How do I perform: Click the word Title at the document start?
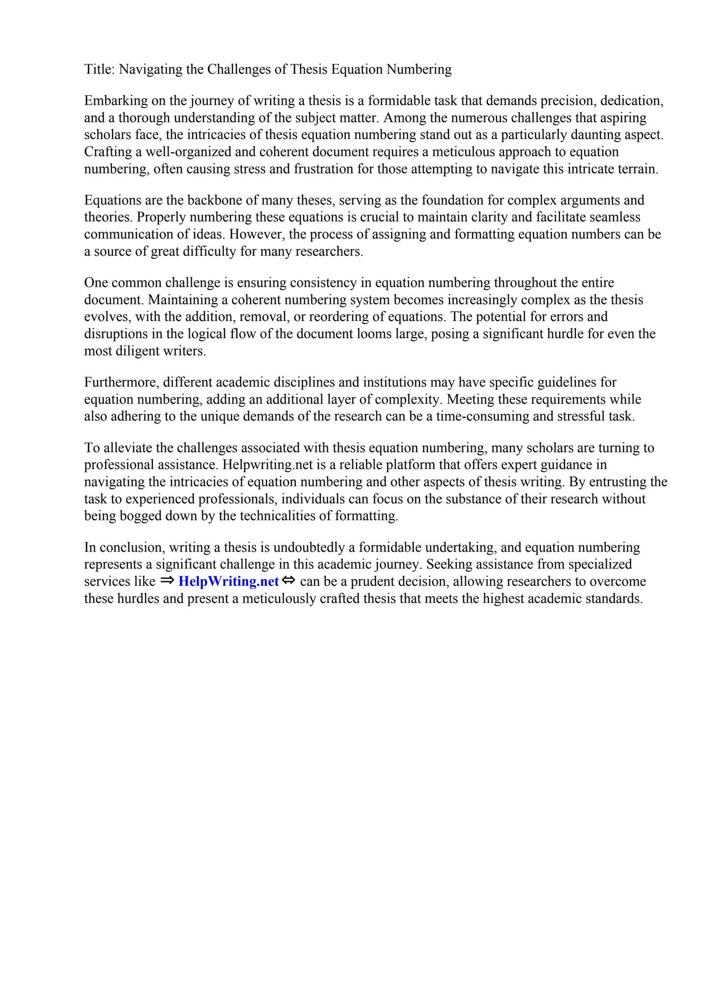tap(98, 69)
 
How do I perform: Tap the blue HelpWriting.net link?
tap(228, 582)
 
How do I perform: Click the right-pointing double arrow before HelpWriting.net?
tap(167, 581)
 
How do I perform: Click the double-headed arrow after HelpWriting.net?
tap(289, 581)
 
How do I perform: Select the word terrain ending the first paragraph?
tap(638, 169)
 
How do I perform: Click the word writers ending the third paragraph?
tap(186, 351)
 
